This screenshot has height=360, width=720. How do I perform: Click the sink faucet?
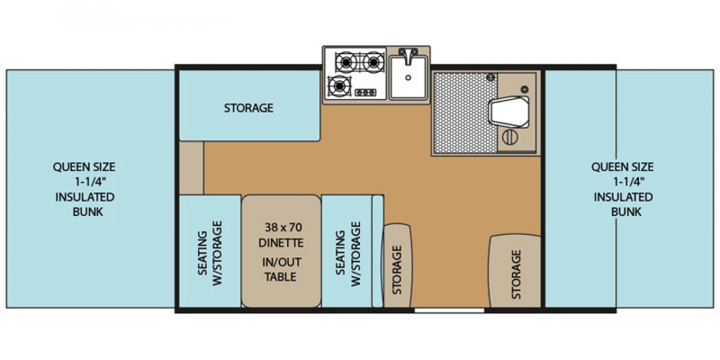point(408,54)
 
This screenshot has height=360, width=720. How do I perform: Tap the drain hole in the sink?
point(408,77)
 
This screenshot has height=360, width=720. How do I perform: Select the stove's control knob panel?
point(365,92)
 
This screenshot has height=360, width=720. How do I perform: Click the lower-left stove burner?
point(339,86)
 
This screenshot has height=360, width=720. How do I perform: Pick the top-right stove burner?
point(372,62)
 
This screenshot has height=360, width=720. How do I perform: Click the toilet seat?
point(509,111)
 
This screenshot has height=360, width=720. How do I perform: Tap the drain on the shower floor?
point(490,76)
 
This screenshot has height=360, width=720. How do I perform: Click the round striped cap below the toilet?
point(509,137)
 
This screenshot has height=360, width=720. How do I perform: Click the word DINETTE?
point(281,243)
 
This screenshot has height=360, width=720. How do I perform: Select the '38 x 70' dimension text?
point(283,227)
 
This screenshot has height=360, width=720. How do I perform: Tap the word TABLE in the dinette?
point(281,276)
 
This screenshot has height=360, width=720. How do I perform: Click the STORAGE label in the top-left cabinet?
point(248,108)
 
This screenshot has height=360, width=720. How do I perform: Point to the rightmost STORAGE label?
point(516,274)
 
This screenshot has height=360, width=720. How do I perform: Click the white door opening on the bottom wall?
point(449,310)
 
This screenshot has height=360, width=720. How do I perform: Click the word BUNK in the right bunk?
point(626,211)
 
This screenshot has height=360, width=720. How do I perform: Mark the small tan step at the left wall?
point(191,168)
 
